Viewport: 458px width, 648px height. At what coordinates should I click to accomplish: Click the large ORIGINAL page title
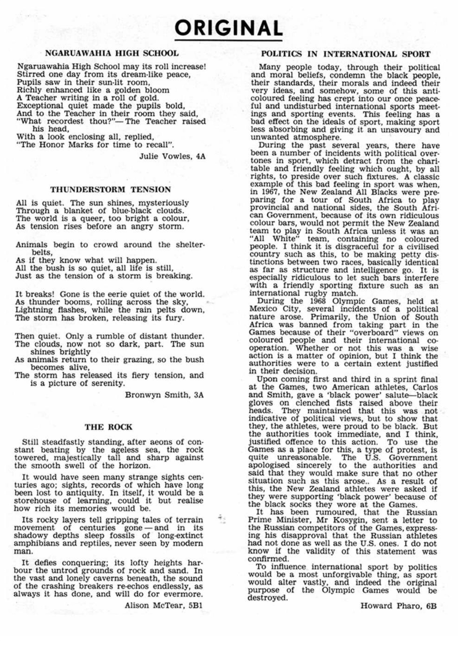pyautogui.click(x=228, y=28)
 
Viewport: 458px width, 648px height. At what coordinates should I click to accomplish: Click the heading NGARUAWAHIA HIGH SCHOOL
pyautogui.click(x=112, y=53)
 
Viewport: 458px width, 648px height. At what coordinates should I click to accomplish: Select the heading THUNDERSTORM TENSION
pyautogui.click(x=110, y=189)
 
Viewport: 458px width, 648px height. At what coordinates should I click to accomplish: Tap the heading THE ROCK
pyautogui.click(x=108, y=427)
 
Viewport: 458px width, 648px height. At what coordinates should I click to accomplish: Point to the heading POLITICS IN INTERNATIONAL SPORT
pyautogui.click(x=345, y=54)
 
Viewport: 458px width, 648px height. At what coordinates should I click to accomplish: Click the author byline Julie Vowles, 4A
pyautogui.click(x=172, y=156)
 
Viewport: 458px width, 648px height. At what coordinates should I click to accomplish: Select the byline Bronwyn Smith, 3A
pyautogui.click(x=164, y=395)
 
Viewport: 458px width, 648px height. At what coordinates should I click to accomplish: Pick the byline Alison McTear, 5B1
pyautogui.click(x=163, y=605)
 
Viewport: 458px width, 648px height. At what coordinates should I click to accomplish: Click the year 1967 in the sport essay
pyautogui.click(x=269, y=192)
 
